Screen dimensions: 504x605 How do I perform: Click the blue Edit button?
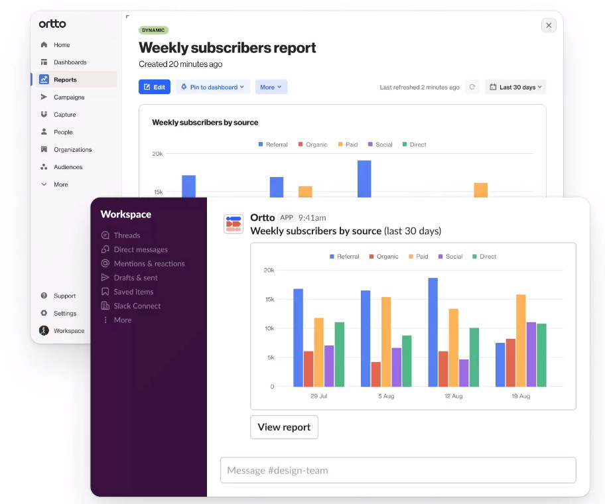click(x=155, y=87)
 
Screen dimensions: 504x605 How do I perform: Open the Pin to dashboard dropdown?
click(x=213, y=87)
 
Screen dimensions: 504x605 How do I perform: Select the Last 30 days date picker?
click(x=515, y=87)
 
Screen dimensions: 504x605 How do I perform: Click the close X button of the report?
click(x=548, y=25)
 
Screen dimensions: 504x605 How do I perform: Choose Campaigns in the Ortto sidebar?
click(x=69, y=97)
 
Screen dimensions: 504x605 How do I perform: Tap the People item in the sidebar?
click(x=63, y=132)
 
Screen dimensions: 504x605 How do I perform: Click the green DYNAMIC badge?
click(x=153, y=30)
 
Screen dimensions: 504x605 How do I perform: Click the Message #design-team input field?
click(x=398, y=470)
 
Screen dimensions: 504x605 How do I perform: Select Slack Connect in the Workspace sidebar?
click(x=137, y=306)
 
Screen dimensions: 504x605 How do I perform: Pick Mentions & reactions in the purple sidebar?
click(x=149, y=263)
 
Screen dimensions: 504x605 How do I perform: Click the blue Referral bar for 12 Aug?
click(x=433, y=332)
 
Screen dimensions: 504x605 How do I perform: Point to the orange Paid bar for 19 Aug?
click(x=521, y=341)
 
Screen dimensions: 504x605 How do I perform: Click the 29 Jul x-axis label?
click(x=318, y=396)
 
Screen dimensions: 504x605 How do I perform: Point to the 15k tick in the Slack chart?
click(x=269, y=299)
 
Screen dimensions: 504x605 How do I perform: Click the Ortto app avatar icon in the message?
click(x=233, y=224)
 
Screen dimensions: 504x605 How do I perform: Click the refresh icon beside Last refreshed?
click(x=472, y=87)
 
